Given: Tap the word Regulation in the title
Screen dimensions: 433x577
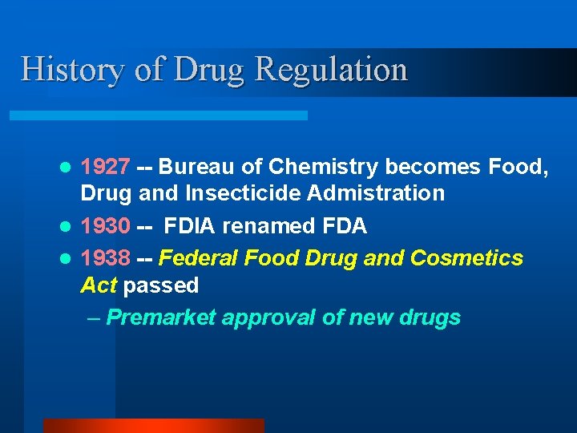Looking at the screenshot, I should tap(332, 69).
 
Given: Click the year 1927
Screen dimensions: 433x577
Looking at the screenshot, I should tap(106, 168).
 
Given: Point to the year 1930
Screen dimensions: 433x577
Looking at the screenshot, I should tap(106, 227).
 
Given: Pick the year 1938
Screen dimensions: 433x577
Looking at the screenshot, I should tap(106, 258).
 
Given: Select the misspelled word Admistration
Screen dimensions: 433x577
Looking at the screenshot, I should tap(384, 193).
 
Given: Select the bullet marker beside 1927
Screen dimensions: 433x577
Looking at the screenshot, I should tap(69, 168).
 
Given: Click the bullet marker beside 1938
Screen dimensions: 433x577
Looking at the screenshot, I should tap(69, 259).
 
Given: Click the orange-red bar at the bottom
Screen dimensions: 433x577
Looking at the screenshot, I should tap(153, 426).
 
